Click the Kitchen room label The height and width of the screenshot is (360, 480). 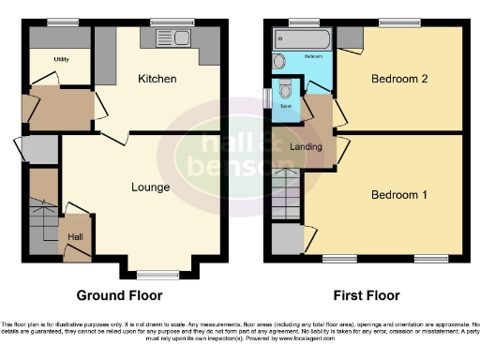[157, 79]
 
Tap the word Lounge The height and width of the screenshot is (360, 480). [150, 187]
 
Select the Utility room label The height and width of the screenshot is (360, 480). [62, 59]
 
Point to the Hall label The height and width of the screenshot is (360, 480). [74, 237]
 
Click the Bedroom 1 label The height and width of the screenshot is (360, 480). [399, 195]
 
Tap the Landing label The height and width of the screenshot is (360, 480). [307, 146]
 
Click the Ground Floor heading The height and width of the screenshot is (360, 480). [119, 295]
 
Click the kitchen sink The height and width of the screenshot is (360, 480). [170, 38]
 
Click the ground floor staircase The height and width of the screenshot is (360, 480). [43, 225]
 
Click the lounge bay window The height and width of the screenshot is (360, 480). [151, 275]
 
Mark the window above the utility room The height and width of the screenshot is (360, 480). [62, 21]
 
